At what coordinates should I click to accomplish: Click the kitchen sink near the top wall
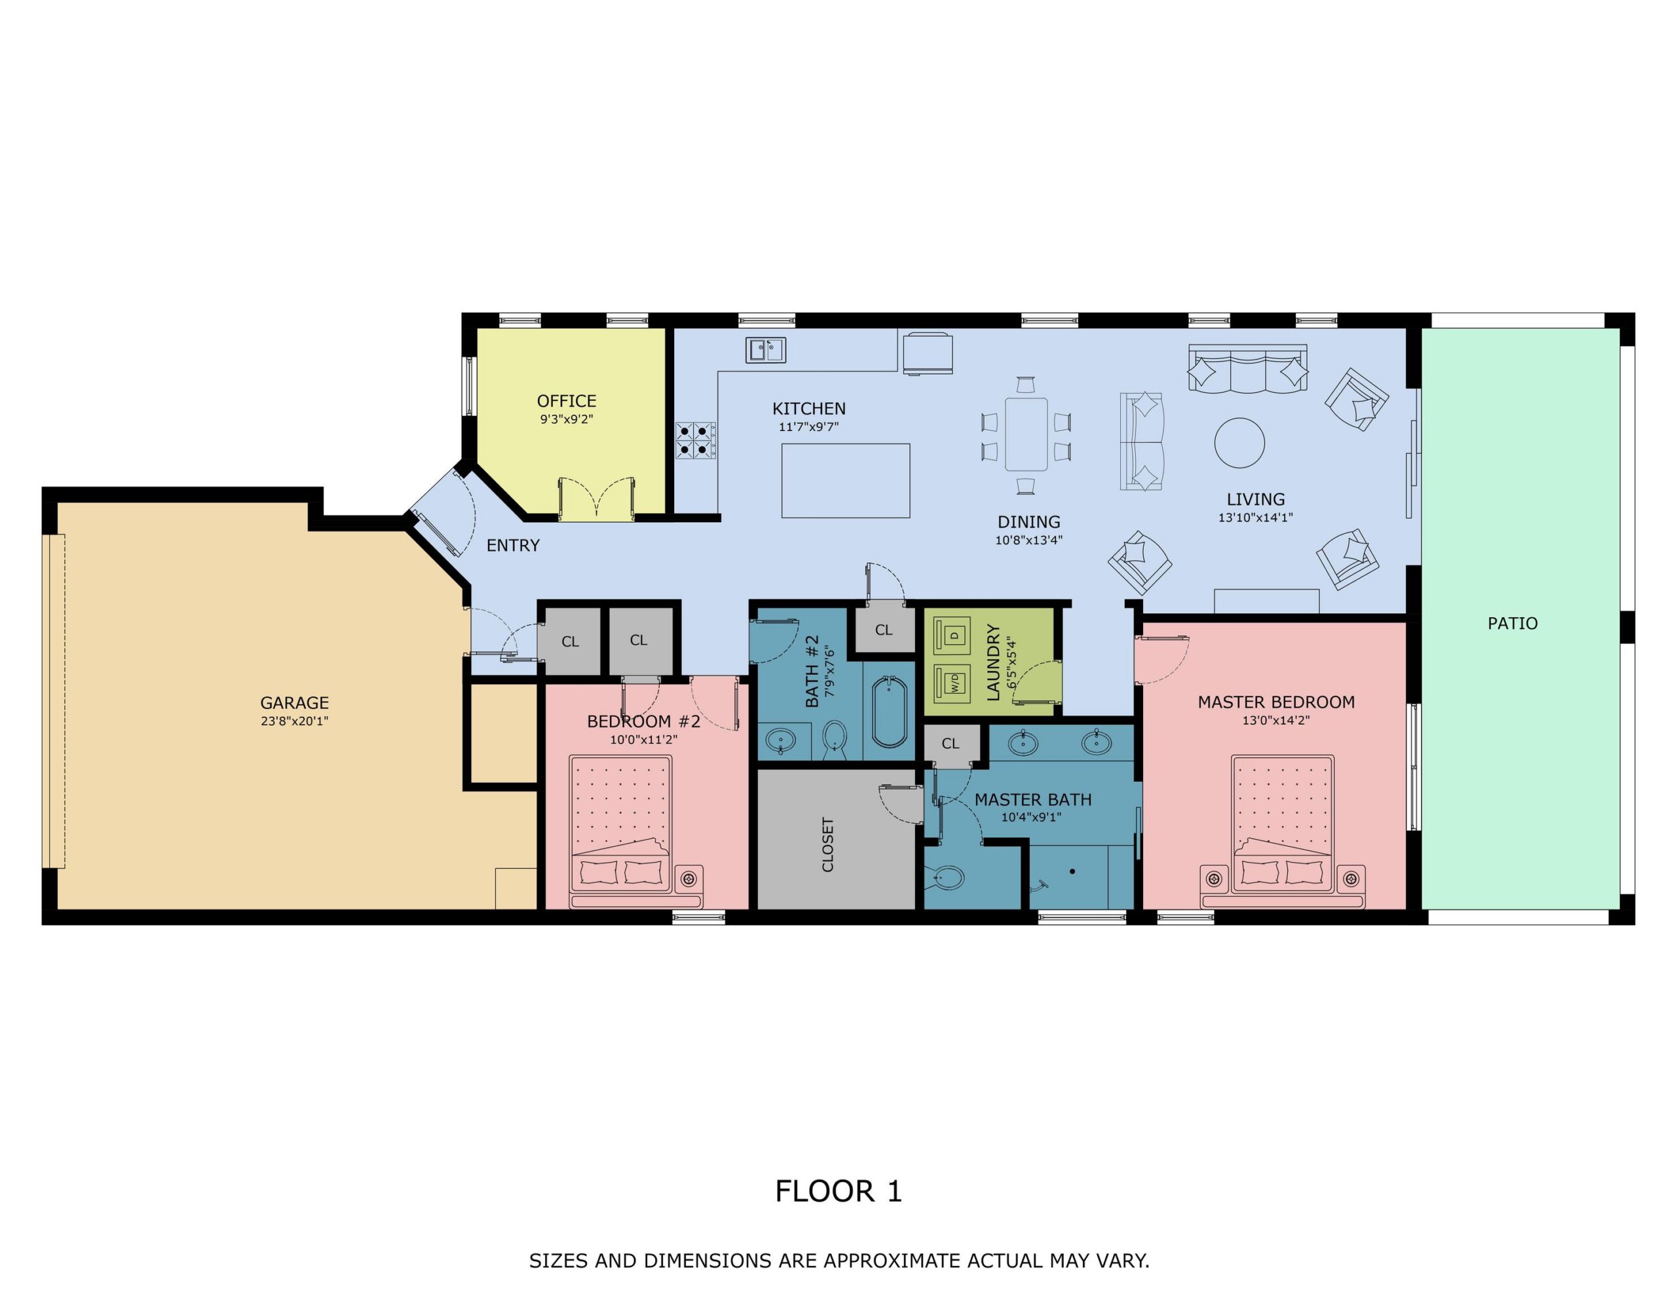click(x=766, y=351)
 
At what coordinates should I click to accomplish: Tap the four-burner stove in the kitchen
click(x=696, y=441)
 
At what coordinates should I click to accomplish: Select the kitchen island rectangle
click(x=846, y=481)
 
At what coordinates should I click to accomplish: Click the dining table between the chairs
click(x=1026, y=434)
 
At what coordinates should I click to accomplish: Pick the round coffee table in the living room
click(x=1239, y=444)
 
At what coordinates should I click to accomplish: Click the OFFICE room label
click(x=567, y=401)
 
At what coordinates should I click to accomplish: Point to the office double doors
click(x=597, y=499)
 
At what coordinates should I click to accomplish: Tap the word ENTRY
click(x=513, y=545)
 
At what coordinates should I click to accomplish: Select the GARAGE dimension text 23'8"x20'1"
click(x=294, y=721)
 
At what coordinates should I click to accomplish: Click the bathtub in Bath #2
click(x=889, y=712)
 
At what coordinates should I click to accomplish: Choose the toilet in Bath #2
click(x=835, y=739)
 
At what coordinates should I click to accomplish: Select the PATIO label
click(x=1513, y=623)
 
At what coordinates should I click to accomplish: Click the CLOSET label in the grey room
click(x=828, y=845)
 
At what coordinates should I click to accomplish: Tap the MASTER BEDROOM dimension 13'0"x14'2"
click(x=1276, y=721)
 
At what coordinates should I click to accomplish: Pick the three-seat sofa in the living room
click(x=1248, y=370)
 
